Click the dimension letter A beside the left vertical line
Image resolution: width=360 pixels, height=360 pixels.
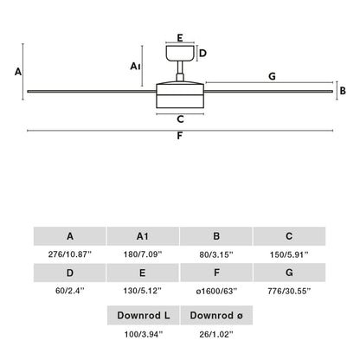pyautogui.click(x=19, y=73)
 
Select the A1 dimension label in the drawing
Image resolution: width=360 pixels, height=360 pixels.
pyautogui.click(x=136, y=65)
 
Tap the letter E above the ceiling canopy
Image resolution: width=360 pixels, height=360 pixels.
pyautogui.click(x=180, y=38)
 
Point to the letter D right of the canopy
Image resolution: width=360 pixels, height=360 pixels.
pyautogui.click(x=202, y=53)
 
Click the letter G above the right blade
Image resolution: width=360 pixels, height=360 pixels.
pyautogui.click(x=272, y=77)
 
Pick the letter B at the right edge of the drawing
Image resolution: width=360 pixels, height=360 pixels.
pyautogui.click(x=343, y=90)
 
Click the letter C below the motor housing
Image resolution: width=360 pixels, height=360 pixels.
pyautogui.click(x=180, y=119)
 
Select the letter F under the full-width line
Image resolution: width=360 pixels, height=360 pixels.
pyautogui.click(x=180, y=136)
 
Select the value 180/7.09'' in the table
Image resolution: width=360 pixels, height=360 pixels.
pyautogui.click(x=142, y=254)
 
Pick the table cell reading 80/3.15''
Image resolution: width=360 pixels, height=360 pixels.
pyautogui.click(x=216, y=254)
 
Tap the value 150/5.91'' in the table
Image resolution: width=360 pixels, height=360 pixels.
pyautogui.click(x=290, y=254)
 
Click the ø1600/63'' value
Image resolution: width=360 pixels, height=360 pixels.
pyautogui.click(x=216, y=292)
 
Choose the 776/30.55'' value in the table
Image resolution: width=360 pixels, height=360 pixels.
pyautogui.click(x=290, y=292)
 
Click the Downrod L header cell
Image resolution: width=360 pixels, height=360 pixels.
pyautogui.click(x=142, y=315)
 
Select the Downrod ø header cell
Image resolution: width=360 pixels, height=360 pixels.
pyautogui.click(x=216, y=315)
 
